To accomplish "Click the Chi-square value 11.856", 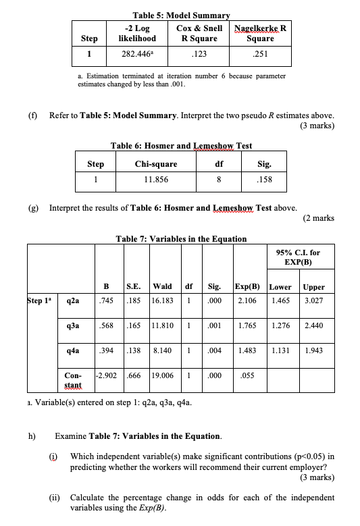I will pos(157,180).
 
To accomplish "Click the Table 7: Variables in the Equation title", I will pos(181,238).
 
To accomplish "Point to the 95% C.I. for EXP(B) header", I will pos(298,257).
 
